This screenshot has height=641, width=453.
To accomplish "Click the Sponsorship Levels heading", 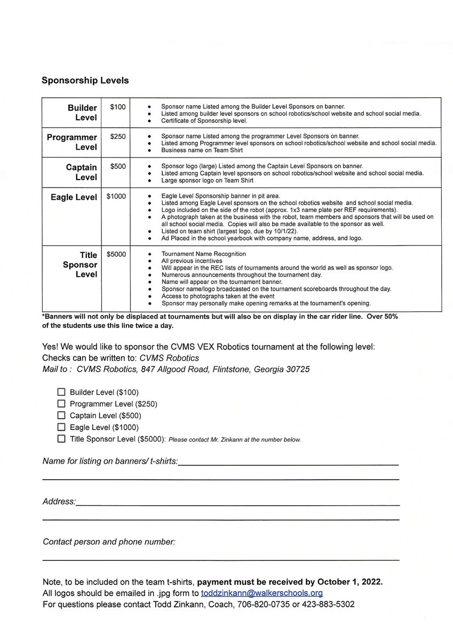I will coord(85,81).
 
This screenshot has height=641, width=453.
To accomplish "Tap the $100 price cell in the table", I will coord(117,107).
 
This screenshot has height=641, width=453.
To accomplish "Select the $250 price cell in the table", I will coord(117,137).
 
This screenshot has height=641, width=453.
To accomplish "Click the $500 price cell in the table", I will coord(117,167).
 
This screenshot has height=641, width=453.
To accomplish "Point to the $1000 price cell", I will coord(116,197).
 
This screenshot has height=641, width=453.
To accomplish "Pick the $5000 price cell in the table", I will coord(116,254).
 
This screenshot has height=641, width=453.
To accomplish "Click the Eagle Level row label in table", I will coord(74,197).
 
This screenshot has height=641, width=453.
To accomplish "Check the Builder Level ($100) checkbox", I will coord(61,392).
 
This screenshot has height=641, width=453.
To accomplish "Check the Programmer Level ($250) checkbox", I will coord(61,404).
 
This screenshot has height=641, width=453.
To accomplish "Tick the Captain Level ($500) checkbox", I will coord(61,416).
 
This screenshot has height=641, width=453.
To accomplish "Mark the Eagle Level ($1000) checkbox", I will coord(61,427).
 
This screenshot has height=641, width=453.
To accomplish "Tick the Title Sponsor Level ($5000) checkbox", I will coord(61,439).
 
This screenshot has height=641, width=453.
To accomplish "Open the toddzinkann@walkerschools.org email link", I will coord(261,593).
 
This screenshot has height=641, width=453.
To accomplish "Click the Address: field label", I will coord(59,502).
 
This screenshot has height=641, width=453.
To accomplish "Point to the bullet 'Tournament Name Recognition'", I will coord(203,254).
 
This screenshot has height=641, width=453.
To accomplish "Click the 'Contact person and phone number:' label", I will coord(109,542).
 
